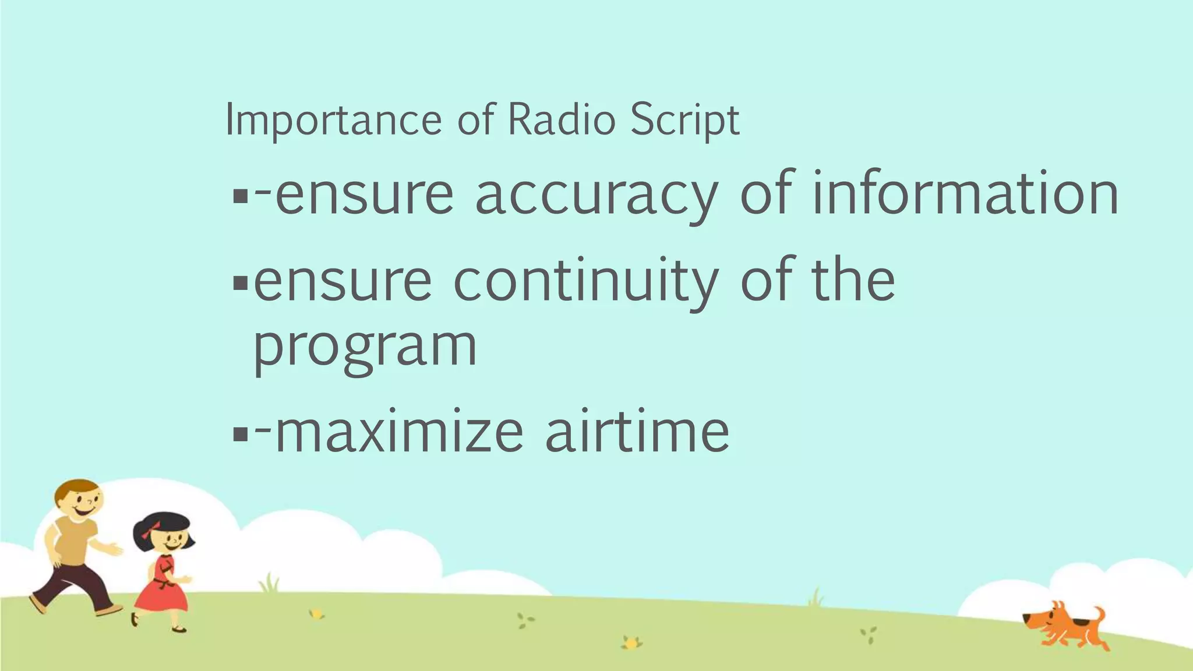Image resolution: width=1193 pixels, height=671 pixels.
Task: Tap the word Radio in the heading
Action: tap(561, 120)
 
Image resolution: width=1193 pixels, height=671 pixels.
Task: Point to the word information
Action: tap(964, 193)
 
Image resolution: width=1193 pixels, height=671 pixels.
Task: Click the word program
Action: tap(365, 347)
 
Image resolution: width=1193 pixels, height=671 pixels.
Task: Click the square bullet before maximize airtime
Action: tap(240, 435)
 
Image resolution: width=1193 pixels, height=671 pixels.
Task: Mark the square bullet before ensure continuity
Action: tap(240, 284)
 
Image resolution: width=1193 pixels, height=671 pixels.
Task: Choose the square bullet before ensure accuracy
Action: tap(240, 196)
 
